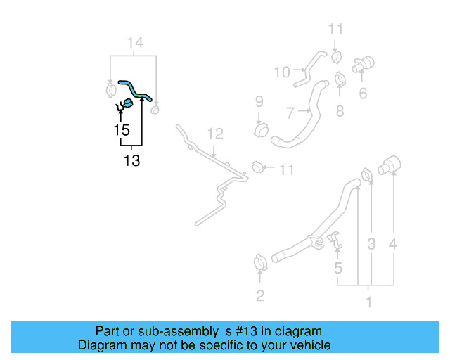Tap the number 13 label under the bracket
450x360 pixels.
[x=131, y=161]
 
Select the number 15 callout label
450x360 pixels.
[x=122, y=130]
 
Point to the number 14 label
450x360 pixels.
[x=134, y=44]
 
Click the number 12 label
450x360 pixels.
[x=214, y=134]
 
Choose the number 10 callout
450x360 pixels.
[x=281, y=72]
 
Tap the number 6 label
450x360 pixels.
[x=363, y=94]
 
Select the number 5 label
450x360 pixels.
[x=338, y=268]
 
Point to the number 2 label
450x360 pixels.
[x=260, y=296]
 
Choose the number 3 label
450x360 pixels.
[x=371, y=245]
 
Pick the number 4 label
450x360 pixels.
[x=394, y=245]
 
